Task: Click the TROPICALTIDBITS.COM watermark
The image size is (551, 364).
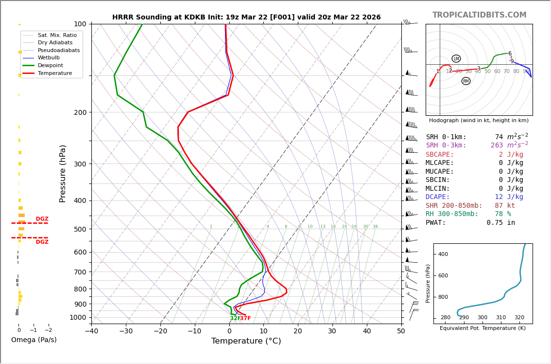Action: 479,15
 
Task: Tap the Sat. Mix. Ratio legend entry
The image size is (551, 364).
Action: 57,35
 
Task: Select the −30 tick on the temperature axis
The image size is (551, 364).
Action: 126,331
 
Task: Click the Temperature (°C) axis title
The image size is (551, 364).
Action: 246,341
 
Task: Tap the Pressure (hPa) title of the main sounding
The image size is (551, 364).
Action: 63,173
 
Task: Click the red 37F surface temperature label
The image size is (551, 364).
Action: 245,318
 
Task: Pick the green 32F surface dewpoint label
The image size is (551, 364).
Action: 235,318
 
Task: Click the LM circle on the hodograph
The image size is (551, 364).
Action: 456,59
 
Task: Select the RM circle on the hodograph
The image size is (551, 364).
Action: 466,81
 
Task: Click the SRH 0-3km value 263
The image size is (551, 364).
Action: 497,146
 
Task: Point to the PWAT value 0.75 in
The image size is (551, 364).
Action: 500,223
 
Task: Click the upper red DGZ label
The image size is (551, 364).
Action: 42,219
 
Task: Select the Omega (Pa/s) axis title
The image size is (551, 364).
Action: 34,340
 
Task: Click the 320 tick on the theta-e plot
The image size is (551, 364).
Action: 519,318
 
